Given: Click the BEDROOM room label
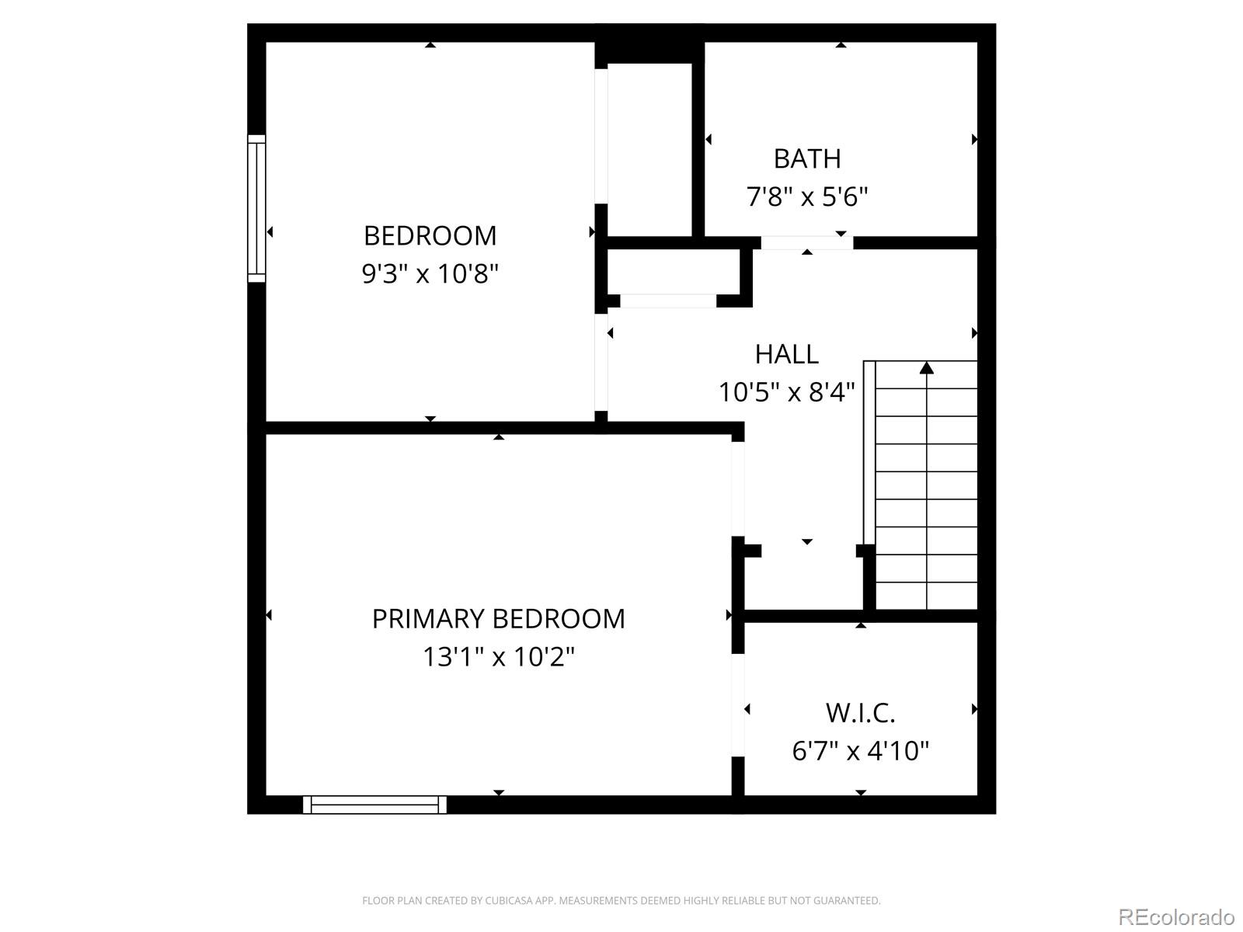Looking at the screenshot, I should point(430,235).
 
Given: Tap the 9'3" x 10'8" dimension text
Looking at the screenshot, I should point(430,273).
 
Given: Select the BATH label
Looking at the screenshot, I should point(807,158).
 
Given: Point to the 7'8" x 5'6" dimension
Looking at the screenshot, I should point(807,196).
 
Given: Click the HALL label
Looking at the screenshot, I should point(786,354).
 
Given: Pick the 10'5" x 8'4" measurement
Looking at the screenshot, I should point(786,392).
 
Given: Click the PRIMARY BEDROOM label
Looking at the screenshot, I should point(498,619).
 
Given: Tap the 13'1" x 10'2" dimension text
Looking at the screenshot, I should point(498,657).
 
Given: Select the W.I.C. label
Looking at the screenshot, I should point(860,712).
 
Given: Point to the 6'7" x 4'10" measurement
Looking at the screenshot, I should point(860,751).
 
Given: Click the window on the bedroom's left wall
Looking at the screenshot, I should point(256,208).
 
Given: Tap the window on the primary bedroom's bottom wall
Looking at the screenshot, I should point(374,805).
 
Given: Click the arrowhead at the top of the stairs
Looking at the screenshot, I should point(926,367).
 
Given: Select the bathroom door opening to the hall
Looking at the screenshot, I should point(806,243).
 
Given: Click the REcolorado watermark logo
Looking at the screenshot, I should point(1176,916).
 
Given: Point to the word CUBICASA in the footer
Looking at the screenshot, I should point(508,901).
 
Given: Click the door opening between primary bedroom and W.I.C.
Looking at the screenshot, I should point(738,706).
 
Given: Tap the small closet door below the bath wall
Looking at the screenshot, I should point(668,301).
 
